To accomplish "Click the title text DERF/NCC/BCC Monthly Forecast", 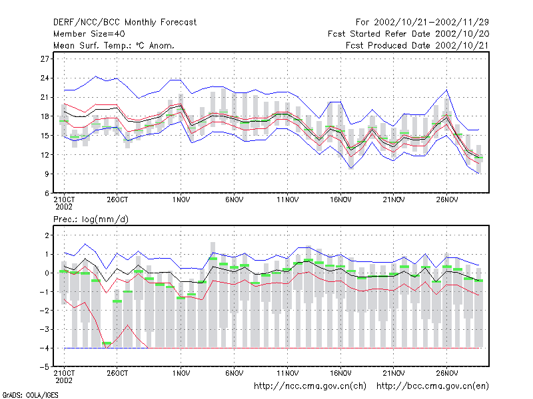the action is (x=125, y=23).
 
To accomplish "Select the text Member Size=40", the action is (x=89, y=34).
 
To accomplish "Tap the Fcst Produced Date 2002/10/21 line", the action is (x=417, y=45).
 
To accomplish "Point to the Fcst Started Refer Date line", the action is (x=408, y=34).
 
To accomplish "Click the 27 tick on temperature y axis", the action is (x=45, y=59).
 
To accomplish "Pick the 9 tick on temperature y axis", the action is (x=47, y=174).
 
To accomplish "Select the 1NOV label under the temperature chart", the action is (x=181, y=200).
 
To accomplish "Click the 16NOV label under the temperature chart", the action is (x=340, y=200).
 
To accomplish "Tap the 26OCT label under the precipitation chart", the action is (x=117, y=374).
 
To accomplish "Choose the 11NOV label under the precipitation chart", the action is (x=287, y=374).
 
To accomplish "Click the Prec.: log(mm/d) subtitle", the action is (x=91, y=219).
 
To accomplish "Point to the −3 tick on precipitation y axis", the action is (x=44, y=329).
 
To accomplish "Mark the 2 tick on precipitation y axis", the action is (x=47, y=235).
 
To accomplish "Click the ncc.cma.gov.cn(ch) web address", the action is (x=310, y=386).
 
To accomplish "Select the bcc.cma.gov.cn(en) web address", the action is (x=432, y=386).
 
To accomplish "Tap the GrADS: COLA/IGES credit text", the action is (x=31, y=395).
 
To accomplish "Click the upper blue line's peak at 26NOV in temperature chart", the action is (x=446, y=90).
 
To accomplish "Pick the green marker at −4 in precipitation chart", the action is (x=107, y=343).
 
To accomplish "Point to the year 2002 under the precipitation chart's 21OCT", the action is (x=64, y=380).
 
